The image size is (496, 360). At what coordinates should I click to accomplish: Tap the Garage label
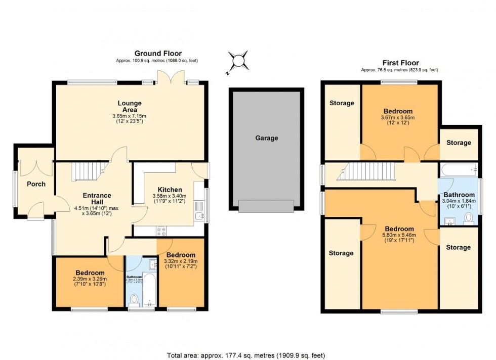(266, 138)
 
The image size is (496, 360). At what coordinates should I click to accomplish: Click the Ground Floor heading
(158, 53)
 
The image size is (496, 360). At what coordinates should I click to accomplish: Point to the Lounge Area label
(130, 107)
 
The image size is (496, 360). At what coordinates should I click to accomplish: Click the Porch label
(36, 184)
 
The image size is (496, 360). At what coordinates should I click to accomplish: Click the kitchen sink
(198, 216)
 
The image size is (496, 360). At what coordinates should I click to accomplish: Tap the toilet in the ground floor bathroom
(135, 300)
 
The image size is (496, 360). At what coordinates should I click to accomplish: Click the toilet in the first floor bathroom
(468, 218)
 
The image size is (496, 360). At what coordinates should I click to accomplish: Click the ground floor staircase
(89, 171)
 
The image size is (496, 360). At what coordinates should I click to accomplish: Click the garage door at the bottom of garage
(266, 206)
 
